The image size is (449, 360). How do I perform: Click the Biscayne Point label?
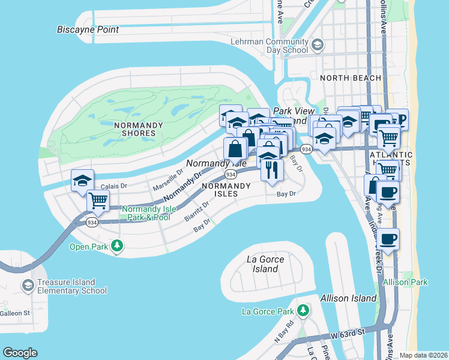88,29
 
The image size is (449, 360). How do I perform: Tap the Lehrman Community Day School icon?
318,44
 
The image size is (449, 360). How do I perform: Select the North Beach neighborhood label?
351,78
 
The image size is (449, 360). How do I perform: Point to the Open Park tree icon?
118,245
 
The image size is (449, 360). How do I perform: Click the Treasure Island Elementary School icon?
27,284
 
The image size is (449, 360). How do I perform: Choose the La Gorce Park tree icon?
304,310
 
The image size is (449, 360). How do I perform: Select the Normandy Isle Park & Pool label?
148,212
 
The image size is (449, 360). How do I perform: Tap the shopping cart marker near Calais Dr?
98,200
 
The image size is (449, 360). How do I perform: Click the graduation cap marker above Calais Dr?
82,180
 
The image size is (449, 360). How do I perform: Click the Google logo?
20,353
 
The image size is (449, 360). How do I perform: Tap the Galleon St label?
15,313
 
